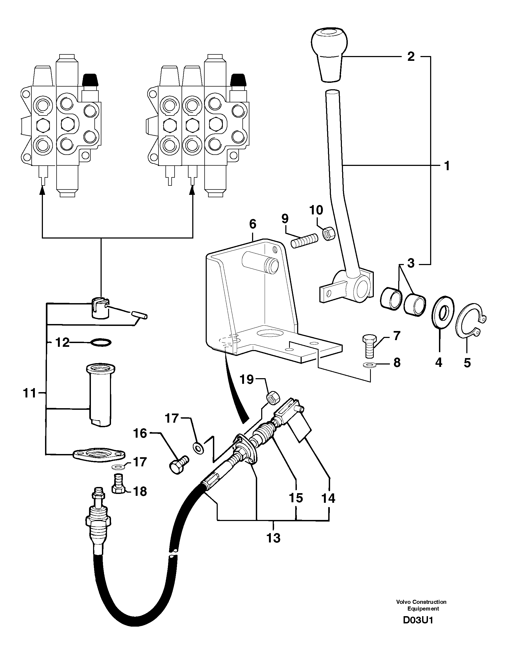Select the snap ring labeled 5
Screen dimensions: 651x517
pyautogui.click(x=470, y=324)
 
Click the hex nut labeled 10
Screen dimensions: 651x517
pyautogui.click(x=327, y=233)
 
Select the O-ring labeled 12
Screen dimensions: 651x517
pyautogui.click(x=101, y=343)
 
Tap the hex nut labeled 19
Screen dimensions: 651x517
pyautogui.click(x=274, y=398)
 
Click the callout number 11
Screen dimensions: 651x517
pyautogui.click(x=29, y=393)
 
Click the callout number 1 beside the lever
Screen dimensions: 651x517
pyautogui.click(x=446, y=166)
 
